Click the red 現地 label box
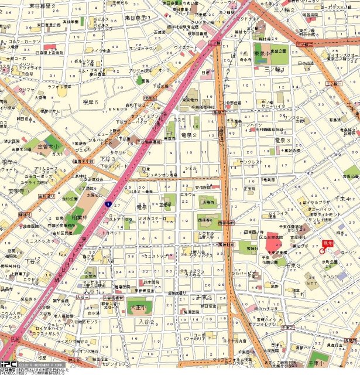coord(328,243)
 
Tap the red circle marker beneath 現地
coord(322,250)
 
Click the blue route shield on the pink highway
coord(108,204)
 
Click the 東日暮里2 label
coord(42,5)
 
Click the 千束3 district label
coord(293,266)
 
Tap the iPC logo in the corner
coord(8,363)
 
